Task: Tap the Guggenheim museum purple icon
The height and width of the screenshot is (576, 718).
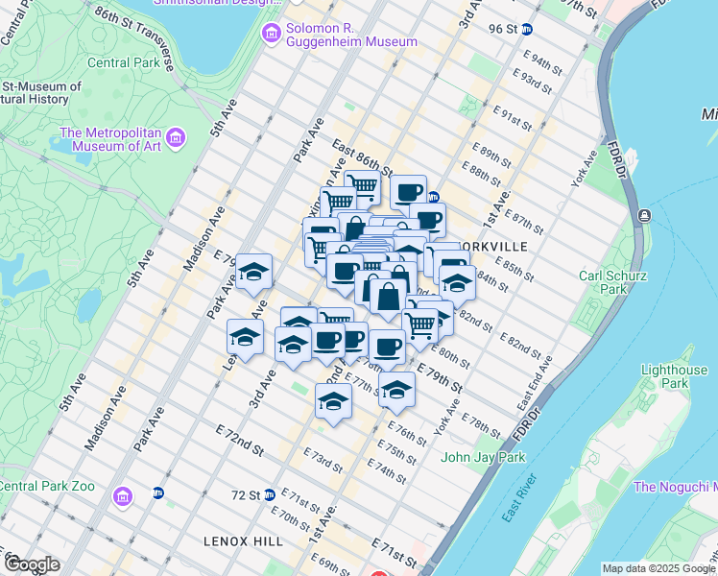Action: click(270, 35)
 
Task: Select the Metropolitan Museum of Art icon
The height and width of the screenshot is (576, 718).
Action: click(175, 139)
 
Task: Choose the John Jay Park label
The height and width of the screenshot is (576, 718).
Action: click(483, 457)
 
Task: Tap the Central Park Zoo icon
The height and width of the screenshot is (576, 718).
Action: click(122, 497)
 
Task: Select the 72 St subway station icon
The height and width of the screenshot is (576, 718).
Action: click(270, 495)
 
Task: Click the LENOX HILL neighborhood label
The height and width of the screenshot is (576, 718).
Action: click(243, 542)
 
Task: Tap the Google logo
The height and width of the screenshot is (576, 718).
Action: click(32, 564)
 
